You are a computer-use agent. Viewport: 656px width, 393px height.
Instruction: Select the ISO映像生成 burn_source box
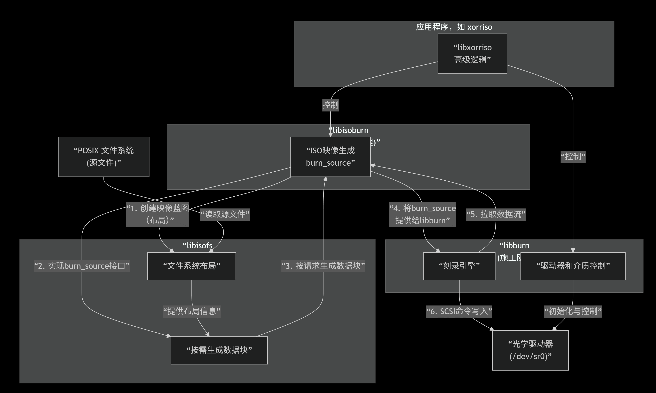click(330, 157)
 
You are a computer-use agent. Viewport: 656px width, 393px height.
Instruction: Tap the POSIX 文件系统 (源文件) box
click(104, 157)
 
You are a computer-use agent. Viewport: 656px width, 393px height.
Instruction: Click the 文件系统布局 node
click(192, 266)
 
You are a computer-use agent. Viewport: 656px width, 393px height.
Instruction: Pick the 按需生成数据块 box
click(219, 350)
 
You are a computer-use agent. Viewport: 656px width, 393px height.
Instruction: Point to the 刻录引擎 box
click(459, 266)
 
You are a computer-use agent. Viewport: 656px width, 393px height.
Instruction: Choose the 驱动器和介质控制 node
click(573, 266)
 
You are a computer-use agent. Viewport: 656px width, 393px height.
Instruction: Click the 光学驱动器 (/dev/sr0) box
click(530, 350)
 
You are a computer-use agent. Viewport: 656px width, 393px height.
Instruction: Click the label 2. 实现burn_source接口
click(82, 266)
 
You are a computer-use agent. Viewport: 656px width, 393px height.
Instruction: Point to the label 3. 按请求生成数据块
click(323, 266)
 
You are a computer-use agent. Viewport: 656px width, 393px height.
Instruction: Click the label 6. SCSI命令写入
click(459, 311)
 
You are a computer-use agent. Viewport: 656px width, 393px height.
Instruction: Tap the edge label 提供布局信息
click(192, 311)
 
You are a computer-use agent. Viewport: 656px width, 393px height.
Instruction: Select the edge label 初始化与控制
click(573, 311)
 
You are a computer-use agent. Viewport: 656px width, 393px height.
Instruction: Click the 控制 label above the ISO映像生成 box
click(330, 105)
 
